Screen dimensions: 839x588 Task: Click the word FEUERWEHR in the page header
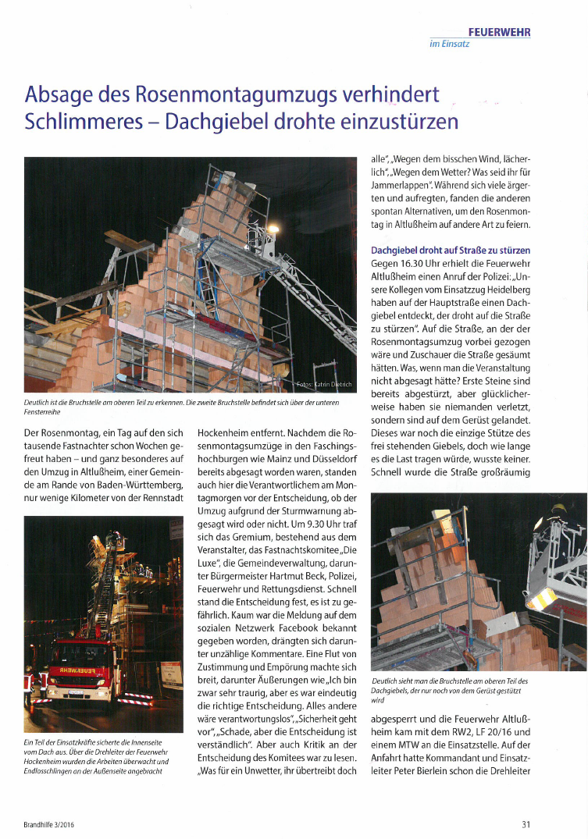(499, 32)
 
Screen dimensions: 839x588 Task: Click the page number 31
(526, 823)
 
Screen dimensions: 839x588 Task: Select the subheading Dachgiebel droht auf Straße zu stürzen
(451, 251)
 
